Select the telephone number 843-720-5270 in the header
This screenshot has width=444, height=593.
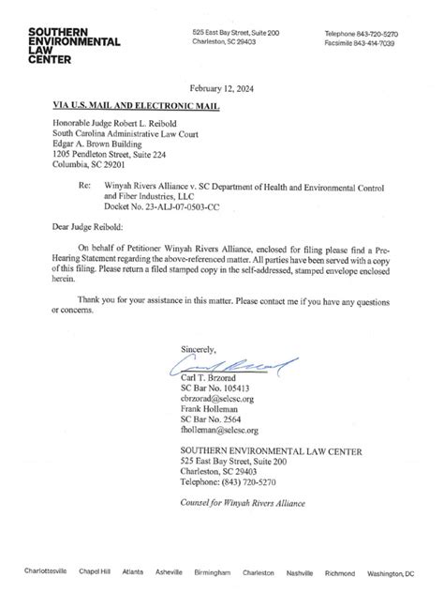[378, 34]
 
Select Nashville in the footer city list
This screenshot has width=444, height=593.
[300, 571]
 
